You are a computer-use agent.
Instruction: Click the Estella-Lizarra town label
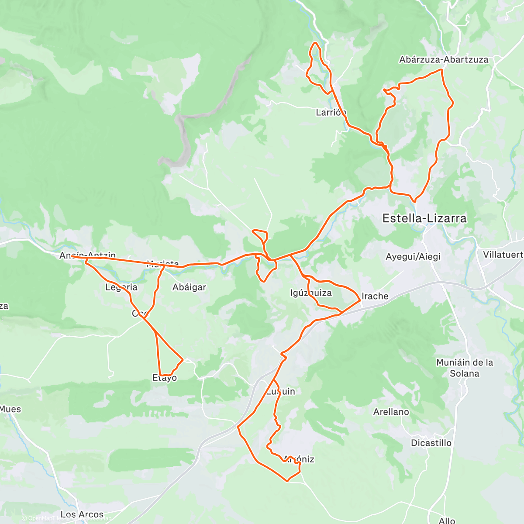click(424, 218)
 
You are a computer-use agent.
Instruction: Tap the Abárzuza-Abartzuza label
click(444, 60)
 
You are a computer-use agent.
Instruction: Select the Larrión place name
click(331, 113)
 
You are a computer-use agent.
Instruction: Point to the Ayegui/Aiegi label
click(413, 257)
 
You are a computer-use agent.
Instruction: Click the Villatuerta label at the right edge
click(503, 255)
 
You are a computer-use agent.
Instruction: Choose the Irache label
click(375, 296)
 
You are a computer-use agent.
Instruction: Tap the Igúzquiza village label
click(311, 293)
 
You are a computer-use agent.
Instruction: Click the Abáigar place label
click(189, 287)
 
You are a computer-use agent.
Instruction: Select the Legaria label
click(121, 287)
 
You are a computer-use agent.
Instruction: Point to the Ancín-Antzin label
click(88, 255)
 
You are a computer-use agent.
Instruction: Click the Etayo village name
click(165, 378)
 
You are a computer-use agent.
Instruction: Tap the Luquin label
click(281, 392)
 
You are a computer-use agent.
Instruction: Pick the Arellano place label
click(391, 412)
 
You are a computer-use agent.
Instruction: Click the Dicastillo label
click(431, 443)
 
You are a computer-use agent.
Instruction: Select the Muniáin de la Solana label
click(465, 368)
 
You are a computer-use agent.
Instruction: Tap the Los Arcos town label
click(82, 514)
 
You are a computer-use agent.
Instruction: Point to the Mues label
click(10, 409)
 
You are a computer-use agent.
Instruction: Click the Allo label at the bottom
click(447, 520)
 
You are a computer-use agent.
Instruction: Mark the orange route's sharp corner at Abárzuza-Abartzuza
click(442, 70)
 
